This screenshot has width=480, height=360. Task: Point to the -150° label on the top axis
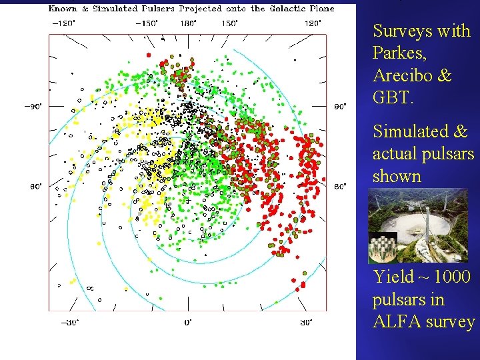click(x=146, y=23)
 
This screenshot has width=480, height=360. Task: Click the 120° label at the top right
click(x=313, y=23)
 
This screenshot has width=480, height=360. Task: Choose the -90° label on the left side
click(x=33, y=106)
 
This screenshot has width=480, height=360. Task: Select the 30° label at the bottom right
click(x=307, y=323)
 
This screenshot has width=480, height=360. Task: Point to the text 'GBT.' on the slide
click(x=393, y=99)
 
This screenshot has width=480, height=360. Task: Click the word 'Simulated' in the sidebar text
click(x=410, y=132)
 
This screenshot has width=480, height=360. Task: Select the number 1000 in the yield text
click(x=449, y=277)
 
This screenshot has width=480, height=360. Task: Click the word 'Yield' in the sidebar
click(x=393, y=277)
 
